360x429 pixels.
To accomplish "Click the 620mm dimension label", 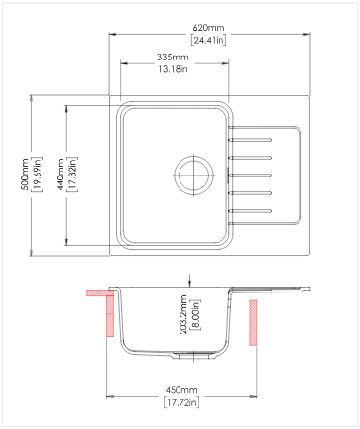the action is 209,28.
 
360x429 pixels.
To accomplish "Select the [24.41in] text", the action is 209,40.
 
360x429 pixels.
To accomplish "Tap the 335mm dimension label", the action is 173,58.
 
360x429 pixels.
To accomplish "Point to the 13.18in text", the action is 173,69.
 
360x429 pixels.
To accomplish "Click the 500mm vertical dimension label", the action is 26,175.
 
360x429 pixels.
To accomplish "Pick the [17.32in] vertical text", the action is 72,175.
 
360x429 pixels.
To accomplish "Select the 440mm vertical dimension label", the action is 60,175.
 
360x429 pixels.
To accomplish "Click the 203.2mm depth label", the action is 183,315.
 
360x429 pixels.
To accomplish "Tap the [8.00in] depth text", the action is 195,315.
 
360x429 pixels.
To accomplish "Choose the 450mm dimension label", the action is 181,390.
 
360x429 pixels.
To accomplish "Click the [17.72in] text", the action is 181,402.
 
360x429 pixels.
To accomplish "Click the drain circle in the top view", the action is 194,175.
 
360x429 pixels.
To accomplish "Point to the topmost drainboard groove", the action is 251,140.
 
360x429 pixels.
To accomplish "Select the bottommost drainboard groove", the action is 251,211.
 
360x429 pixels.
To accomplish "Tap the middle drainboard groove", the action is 251,175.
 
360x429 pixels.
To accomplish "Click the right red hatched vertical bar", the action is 253,323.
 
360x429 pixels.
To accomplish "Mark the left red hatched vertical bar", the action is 110,316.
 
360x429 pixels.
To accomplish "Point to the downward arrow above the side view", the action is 190,281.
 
